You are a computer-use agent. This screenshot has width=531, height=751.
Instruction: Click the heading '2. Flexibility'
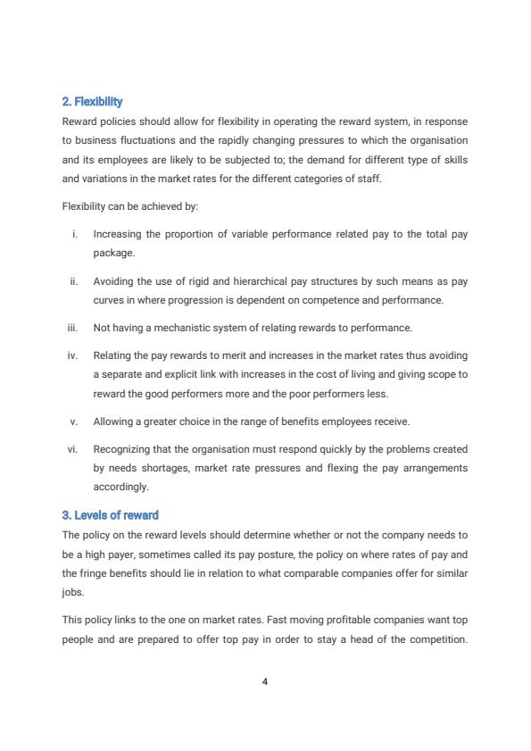pos(92,102)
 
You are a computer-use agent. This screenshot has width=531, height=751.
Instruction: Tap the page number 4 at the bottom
pos(265,681)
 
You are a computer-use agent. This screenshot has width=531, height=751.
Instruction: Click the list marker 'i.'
pos(75,234)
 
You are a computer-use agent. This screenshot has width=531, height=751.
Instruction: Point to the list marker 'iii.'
pos(73,328)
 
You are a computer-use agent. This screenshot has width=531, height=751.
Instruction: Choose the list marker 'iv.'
pos(73,355)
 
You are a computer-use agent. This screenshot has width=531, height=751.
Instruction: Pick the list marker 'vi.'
pos(73,449)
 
